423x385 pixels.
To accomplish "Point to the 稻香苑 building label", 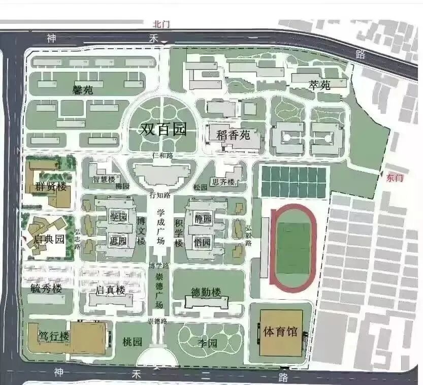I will point(234,136).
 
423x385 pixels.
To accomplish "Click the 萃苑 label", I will point(319,85).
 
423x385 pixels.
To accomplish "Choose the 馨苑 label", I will point(83,90).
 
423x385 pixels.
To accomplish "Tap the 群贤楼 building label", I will point(51,186).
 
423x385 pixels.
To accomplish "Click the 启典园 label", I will point(49,239).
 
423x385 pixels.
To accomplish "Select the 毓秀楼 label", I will point(46,288).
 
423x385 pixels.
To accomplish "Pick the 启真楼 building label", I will point(110,291).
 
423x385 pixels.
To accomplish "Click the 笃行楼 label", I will point(54,336).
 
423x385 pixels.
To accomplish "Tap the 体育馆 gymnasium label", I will point(280,332).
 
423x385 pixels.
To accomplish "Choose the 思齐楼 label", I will point(223,182).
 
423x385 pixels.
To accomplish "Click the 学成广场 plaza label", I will point(160,226).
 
